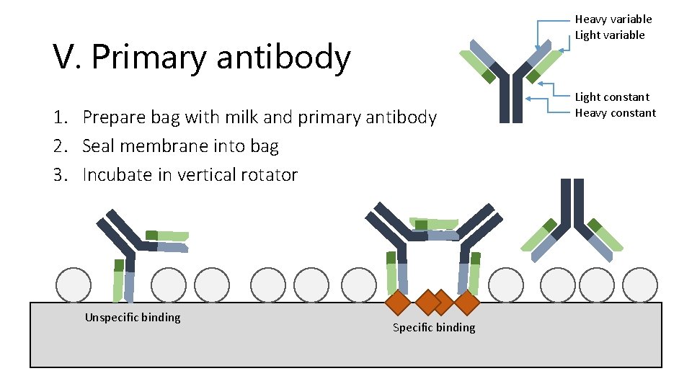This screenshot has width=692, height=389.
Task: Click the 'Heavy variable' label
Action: point(613,19)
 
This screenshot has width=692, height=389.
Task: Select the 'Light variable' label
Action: point(610,35)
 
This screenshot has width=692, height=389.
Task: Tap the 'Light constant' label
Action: point(612,97)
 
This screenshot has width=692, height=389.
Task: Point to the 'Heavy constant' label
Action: point(615,113)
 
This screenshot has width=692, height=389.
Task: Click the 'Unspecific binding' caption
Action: point(133,318)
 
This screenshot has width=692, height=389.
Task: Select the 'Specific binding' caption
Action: point(434,328)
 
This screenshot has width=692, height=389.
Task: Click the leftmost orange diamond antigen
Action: point(399,303)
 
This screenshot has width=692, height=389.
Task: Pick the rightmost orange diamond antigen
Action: point(466,303)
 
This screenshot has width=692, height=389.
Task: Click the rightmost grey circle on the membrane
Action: point(639,285)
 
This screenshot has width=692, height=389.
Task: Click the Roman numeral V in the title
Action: point(64,58)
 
